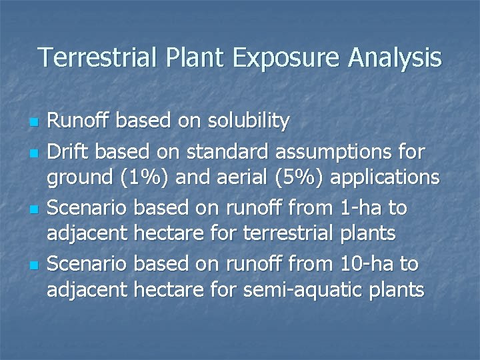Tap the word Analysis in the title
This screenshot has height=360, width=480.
(394, 57)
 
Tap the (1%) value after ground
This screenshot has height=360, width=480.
(143, 178)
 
